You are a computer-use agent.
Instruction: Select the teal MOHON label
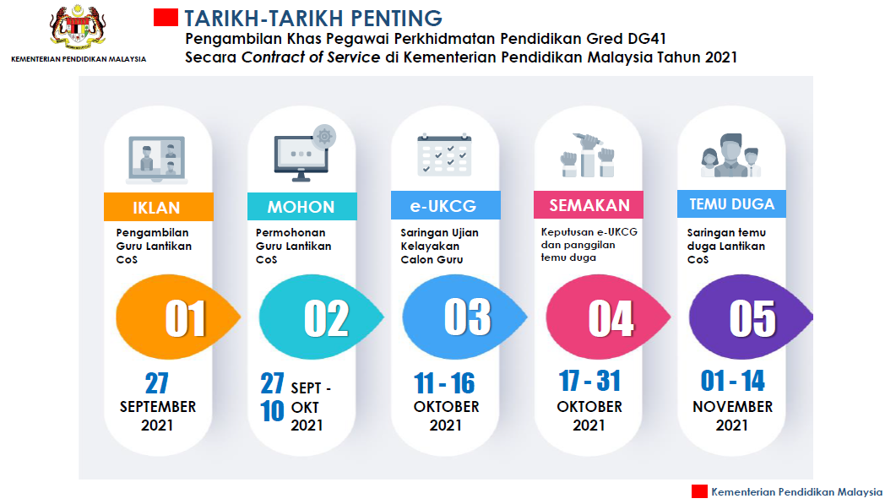click(301, 207)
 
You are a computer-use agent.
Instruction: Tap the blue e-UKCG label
click(445, 206)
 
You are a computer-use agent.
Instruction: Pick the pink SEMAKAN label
click(589, 205)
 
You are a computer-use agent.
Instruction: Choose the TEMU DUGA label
click(731, 203)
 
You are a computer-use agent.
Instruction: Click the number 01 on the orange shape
click(186, 318)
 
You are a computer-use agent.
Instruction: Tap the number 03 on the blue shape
click(467, 317)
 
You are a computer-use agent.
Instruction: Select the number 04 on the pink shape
click(611, 318)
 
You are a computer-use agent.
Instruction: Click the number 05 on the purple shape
click(752, 317)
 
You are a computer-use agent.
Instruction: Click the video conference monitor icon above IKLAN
click(157, 158)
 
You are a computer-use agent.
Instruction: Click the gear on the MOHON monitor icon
click(323, 136)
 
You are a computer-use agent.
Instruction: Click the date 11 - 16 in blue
click(444, 384)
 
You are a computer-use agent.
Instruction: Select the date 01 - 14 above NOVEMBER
click(732, 382)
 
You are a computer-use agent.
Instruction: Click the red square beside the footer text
click(699, 491)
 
